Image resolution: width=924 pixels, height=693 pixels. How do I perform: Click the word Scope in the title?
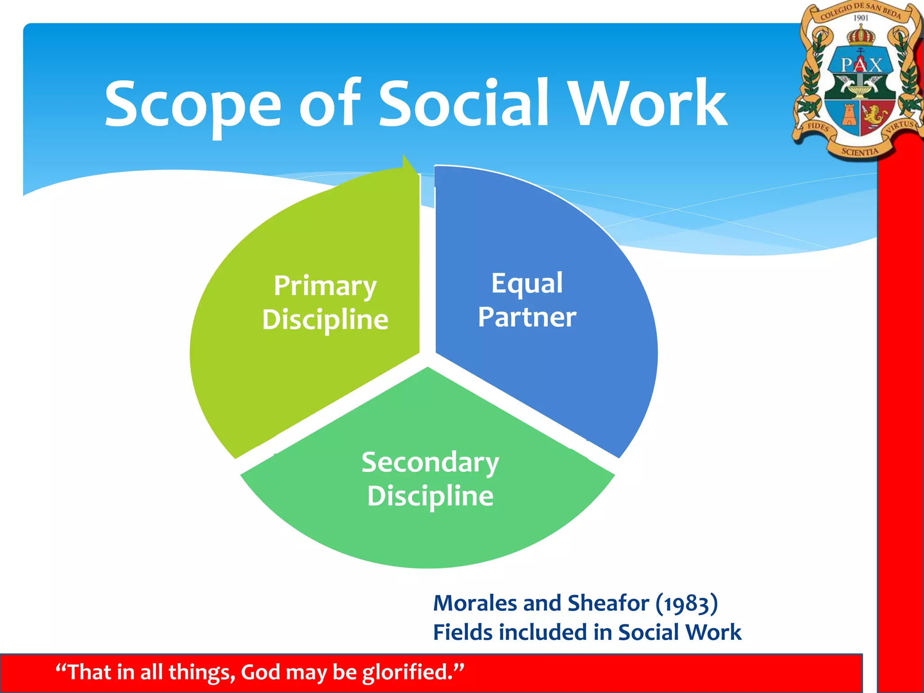coord(193,105)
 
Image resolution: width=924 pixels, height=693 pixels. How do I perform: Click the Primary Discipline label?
coord(325,302)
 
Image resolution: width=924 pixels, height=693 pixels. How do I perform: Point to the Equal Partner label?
coord(527,300)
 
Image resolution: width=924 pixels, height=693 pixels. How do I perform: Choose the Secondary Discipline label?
coord(430,479)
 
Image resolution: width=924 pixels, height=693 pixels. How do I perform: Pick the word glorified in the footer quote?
coord(407,672)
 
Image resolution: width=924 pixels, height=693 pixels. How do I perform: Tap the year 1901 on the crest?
coord(861,18)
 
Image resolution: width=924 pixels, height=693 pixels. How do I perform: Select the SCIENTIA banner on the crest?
coord(860,152)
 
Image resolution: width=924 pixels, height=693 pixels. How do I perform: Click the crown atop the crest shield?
coord(861,35)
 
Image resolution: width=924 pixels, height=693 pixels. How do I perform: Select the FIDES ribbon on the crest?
coord(818,127)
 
